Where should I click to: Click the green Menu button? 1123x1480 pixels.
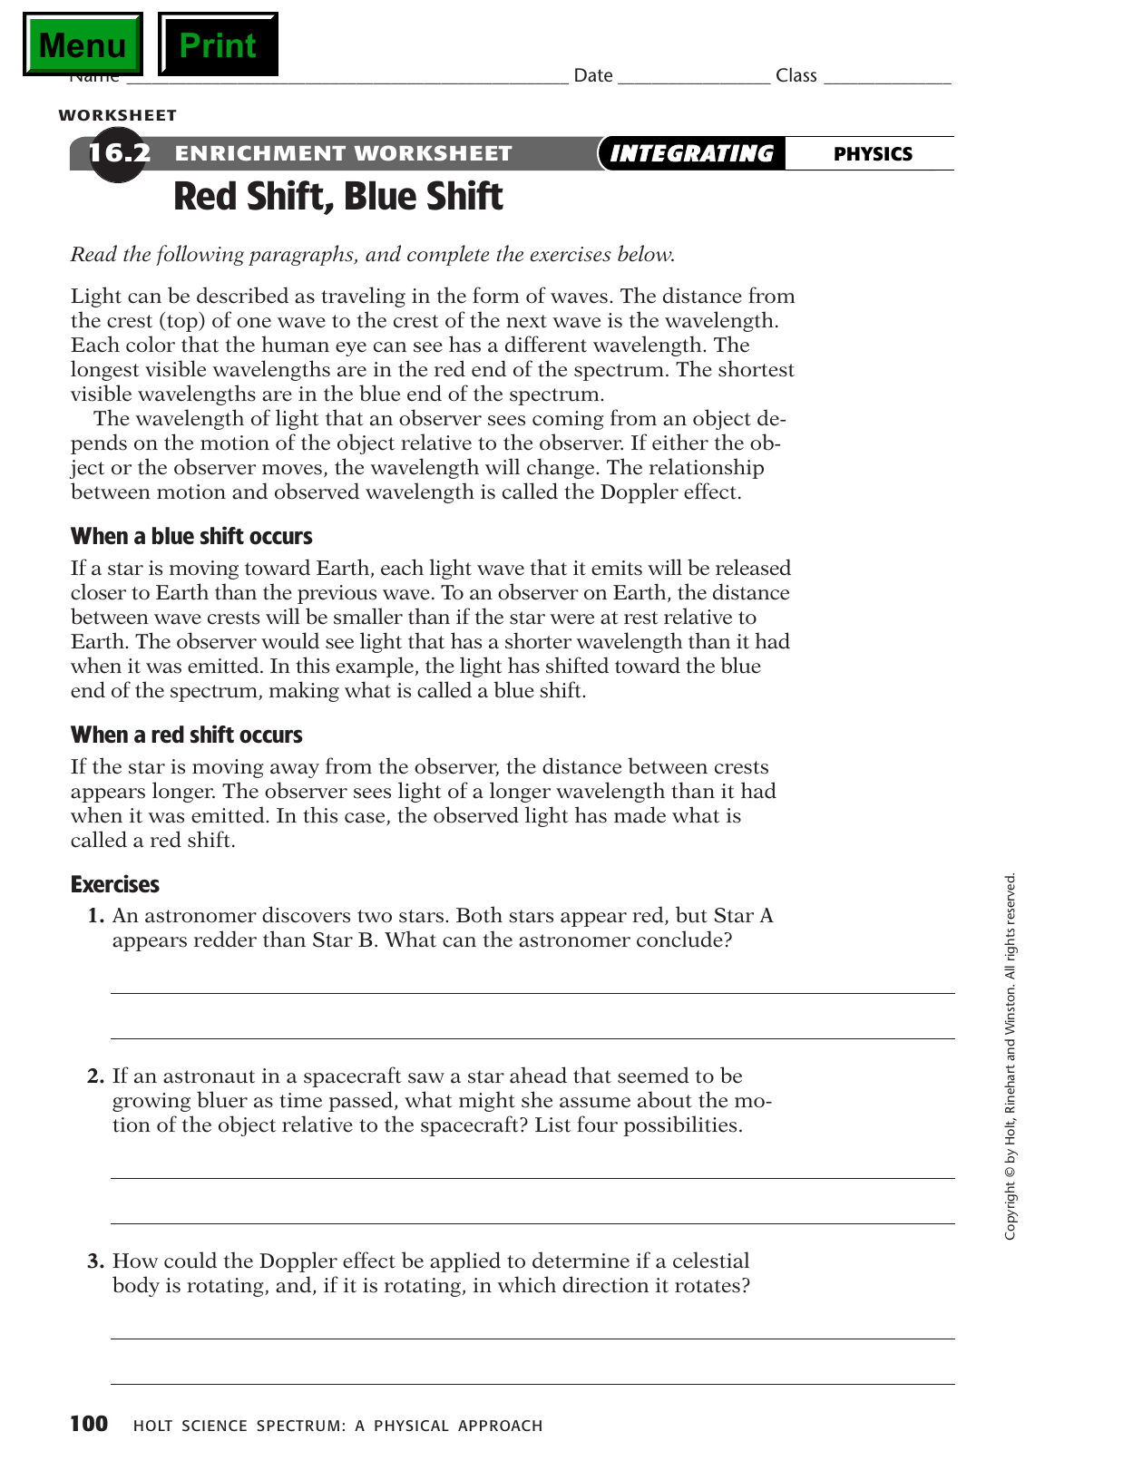[83, 44]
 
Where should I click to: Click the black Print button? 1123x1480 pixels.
[218, 44]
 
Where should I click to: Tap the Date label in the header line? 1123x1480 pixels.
[593, 75]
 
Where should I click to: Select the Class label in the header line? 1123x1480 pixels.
[796, 75]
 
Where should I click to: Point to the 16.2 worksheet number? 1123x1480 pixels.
[119, 152]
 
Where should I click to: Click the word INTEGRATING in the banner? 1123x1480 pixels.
[691, 153]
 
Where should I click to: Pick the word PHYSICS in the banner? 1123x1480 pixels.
[873, 154]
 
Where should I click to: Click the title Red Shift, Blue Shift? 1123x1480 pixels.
[337, 197]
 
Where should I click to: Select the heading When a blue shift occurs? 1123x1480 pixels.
[191, 536]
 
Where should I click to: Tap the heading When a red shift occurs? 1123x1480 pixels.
[186, 735]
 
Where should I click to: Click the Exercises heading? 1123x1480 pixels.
[115, 884]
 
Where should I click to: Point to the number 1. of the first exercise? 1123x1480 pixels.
[96, 915]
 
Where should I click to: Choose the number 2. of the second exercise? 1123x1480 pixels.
[96, 1076]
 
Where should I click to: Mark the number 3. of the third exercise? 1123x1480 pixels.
[96, 1261]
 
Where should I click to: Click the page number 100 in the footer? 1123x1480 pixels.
[89, 1424]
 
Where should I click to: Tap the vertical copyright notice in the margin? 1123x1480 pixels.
[1011, 1056]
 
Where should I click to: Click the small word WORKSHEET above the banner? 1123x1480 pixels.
[118, 115]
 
